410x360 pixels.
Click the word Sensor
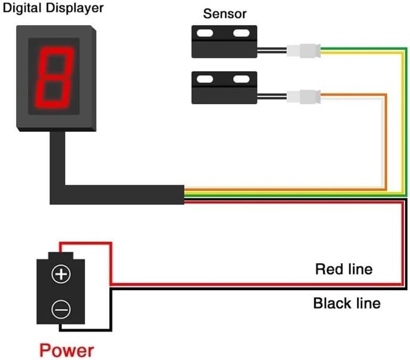pos(225,13)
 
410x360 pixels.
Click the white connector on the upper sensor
pos(303,51)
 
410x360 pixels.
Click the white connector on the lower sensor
pos(303,97)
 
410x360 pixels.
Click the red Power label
pos(67,350)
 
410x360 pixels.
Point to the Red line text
pos(344,269)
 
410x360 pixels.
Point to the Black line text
pos(347,304)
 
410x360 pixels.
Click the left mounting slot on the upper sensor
pos(205,35)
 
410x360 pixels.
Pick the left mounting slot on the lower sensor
pos(205,80)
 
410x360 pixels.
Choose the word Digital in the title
pos(23,9)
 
